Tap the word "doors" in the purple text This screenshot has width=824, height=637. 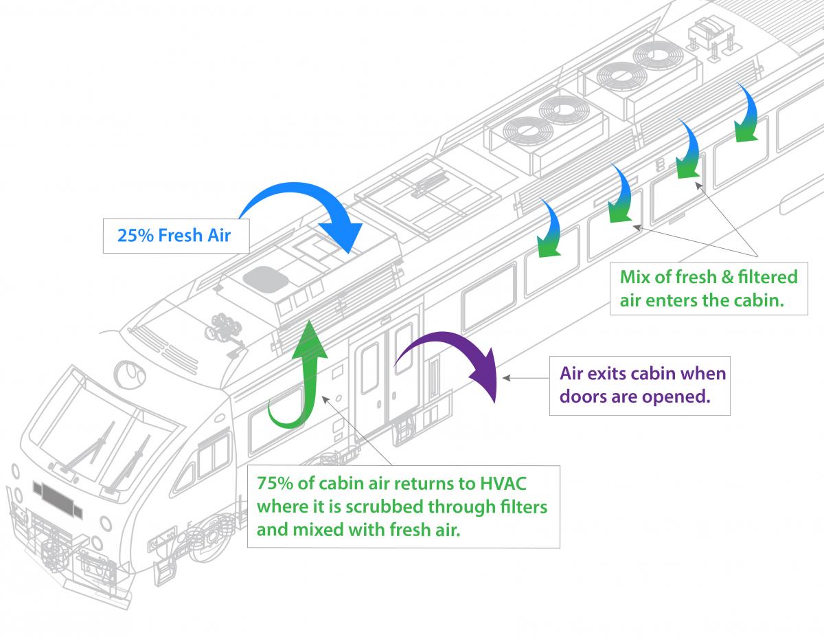pos(582,396)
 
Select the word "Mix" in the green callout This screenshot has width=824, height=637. pos(635,278)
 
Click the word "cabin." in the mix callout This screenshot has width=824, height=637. pos(763,301)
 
